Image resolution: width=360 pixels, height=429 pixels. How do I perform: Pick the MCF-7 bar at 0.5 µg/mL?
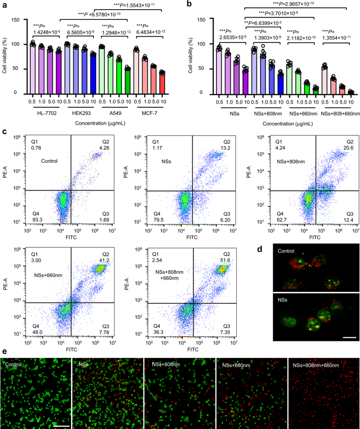click(136, 71)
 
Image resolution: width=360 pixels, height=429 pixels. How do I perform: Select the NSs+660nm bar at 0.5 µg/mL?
click(289, 78)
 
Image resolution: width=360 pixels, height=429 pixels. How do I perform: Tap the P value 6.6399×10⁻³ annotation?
click(266, 22)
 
